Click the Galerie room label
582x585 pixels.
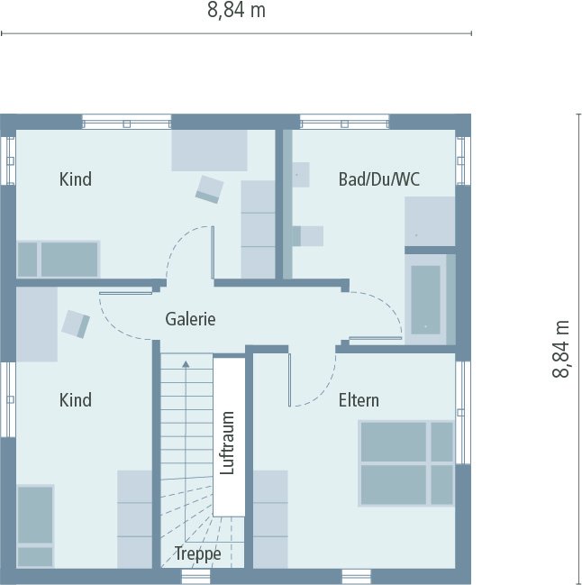190,318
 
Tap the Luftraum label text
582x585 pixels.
227,443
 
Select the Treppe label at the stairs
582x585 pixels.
197,553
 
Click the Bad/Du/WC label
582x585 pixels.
378,179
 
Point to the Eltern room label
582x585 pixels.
359,399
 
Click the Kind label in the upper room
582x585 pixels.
76,179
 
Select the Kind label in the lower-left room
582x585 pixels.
76,399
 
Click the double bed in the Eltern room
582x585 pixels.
406,463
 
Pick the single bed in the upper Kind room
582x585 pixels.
58,259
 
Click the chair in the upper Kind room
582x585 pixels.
210,188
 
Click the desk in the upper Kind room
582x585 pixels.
210,150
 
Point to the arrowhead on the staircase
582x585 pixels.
186,364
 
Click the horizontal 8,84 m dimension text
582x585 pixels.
236,11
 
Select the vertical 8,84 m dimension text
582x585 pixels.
562,349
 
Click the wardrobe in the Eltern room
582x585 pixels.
270,518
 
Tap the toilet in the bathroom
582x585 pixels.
308,235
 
